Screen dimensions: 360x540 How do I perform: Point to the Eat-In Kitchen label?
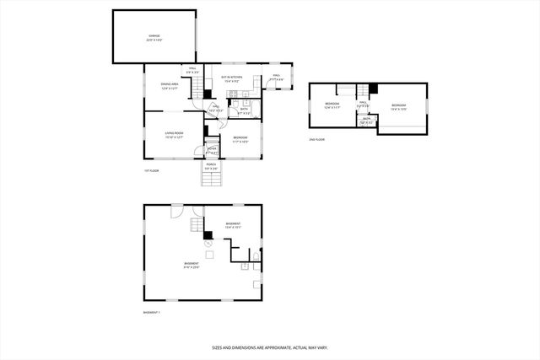(232, 78)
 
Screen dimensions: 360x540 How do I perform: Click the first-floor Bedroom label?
(240, 139)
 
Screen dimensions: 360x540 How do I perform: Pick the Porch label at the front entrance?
(212, 166)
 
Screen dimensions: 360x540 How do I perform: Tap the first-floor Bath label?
(243, 110)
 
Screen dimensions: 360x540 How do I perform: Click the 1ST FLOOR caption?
(151, 171)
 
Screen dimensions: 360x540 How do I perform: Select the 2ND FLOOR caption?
(316, 139)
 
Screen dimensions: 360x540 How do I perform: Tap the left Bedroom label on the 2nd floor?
(331, 105)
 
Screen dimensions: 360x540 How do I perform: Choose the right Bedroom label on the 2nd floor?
(399, 106)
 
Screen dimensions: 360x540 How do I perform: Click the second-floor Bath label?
(366, 120)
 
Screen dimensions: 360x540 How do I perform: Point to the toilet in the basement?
(254, 255)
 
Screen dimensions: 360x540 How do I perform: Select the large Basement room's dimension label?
(192, 267)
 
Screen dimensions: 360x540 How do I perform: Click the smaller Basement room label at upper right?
(234, 225)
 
